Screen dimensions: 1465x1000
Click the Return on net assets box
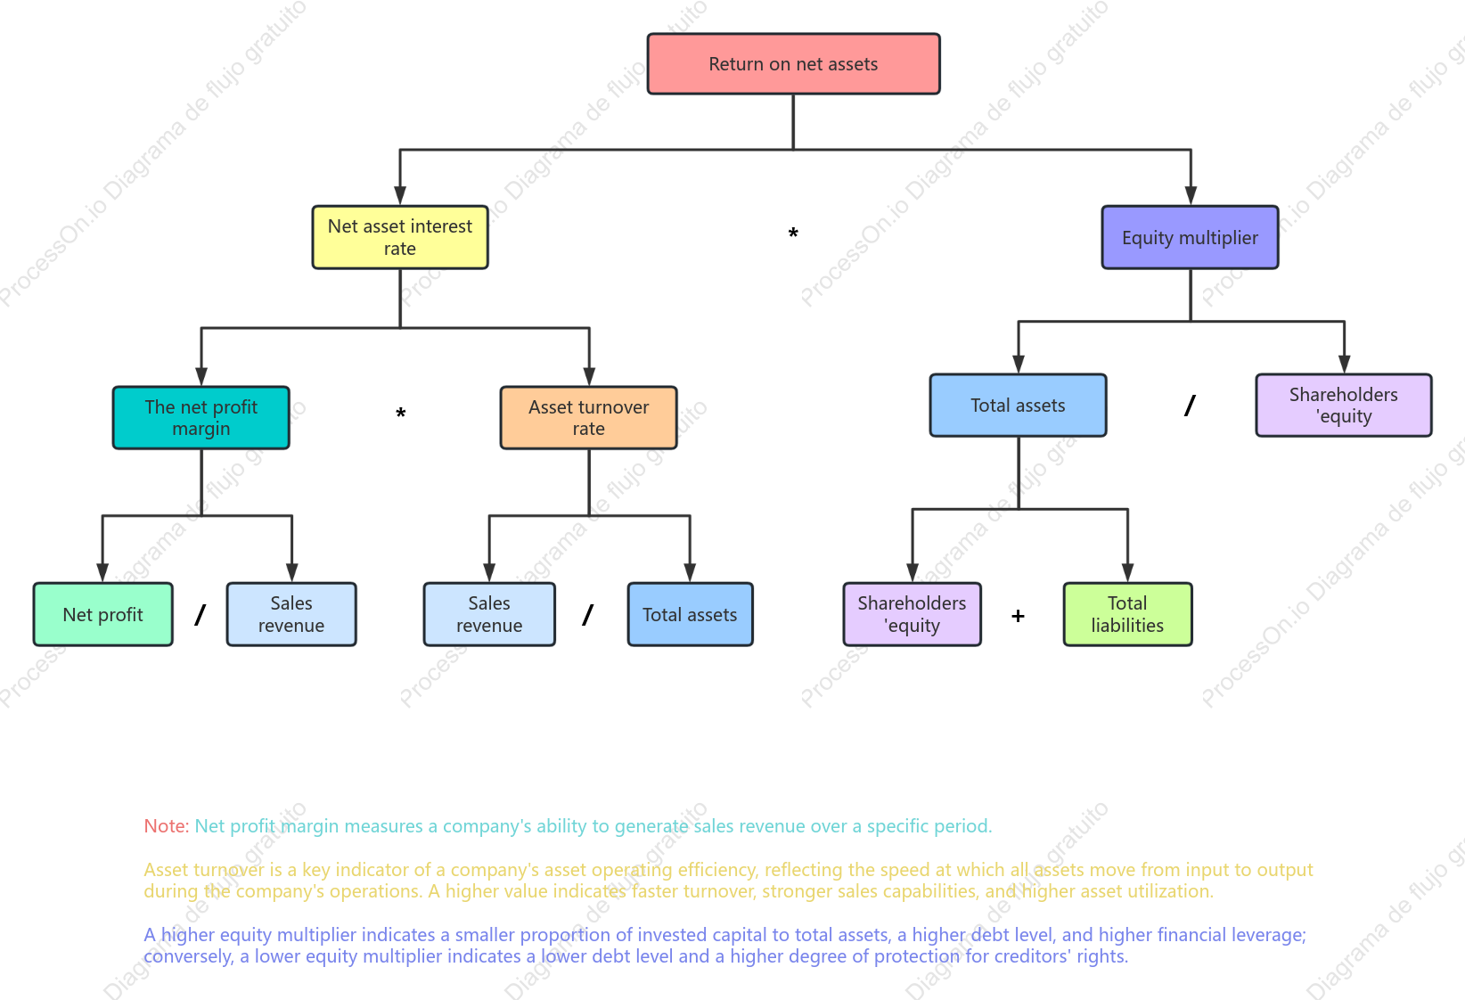tap(793, 63)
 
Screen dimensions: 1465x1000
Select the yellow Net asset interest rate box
tap(399, 237)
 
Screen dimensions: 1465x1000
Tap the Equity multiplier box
tap(1190, 237)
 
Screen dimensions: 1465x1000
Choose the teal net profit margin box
tap(201, 417)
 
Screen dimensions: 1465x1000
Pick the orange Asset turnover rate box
tap(589, 417)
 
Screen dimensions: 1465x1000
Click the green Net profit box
tap(102, 614)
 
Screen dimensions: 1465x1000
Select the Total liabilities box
tap(1127, 614)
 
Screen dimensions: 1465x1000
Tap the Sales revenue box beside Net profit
tap(291, 614)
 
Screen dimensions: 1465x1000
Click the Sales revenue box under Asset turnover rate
tap(489, 614)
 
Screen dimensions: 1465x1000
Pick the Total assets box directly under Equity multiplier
tap(1018, 405)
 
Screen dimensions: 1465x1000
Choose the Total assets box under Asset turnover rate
tap(690, 614)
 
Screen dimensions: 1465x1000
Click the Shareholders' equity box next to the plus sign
tap(912, 614)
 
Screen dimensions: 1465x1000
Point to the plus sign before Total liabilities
tap(1018, 616)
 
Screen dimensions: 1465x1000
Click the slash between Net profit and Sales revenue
tap(201, 615)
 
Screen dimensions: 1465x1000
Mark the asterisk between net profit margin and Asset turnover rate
tap(401, 413)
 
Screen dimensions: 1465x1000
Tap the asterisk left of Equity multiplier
tap(793, 233)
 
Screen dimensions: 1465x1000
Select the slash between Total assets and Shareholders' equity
tap(1190, 406)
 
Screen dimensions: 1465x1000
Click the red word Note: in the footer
tap(166, 826)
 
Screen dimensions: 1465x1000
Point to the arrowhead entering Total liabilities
tap(1127, 573)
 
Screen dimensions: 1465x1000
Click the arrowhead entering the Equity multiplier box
tap(1191, 195)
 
